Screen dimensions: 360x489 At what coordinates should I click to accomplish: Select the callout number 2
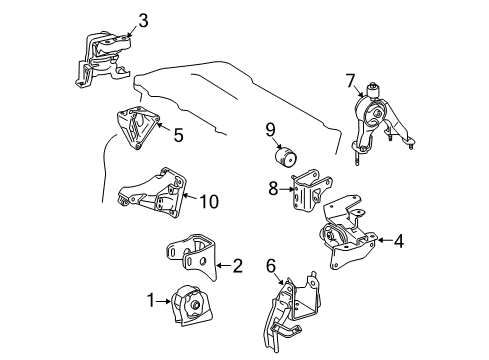[x=237, y=265]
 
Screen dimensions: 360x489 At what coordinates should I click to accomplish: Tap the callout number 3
[x=144, y=19]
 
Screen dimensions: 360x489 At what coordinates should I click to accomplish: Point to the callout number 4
[x=399, y=239]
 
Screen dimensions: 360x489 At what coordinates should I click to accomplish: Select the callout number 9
[x=270, y=128]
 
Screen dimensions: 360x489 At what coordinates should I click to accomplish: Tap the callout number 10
[x=209, y=200]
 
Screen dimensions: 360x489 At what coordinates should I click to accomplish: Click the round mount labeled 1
[x=188, y=302]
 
